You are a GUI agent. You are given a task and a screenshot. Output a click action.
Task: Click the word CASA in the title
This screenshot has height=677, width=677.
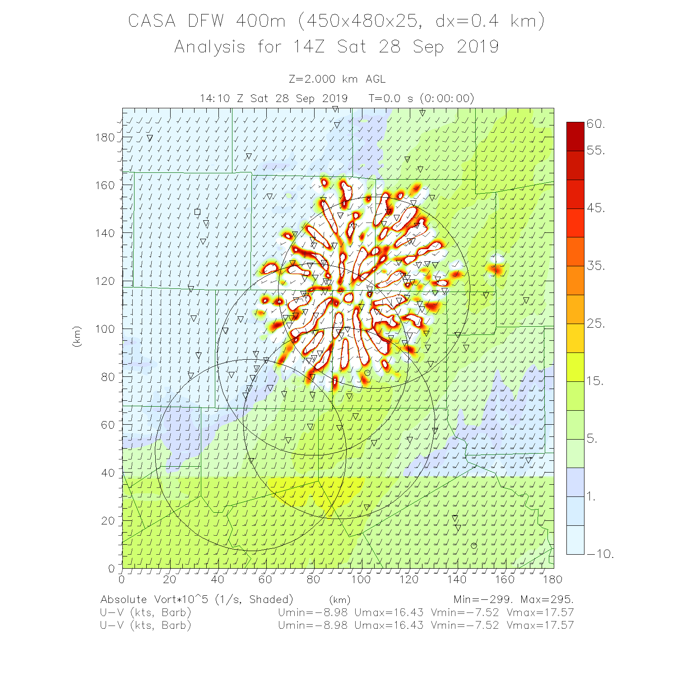tap(152, 21)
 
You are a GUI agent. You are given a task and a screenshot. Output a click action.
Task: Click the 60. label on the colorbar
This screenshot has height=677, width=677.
tap(596, 124)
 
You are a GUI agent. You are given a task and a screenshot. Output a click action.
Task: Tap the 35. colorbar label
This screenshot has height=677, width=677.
tap(596, 266)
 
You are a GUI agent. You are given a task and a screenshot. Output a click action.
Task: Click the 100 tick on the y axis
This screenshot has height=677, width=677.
tap(105, 329)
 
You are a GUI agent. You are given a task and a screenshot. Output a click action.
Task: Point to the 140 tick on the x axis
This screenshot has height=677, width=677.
tap(457, 580)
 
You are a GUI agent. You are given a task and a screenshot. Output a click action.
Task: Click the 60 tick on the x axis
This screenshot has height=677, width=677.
tap(265, 580)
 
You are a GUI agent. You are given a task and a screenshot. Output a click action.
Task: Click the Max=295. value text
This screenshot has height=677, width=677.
tap(547, 600)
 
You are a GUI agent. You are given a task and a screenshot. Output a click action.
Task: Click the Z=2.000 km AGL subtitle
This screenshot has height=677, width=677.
tap(337, 79)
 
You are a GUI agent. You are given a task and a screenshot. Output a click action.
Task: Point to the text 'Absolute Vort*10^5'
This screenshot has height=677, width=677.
tap(155, 600)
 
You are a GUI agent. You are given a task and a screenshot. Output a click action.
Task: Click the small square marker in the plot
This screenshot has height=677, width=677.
tap(197, 212)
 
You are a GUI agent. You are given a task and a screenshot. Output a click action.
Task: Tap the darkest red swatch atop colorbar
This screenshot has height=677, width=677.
tap(575, 136)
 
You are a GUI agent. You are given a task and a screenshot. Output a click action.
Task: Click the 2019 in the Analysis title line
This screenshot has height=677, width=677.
tap(478, 47)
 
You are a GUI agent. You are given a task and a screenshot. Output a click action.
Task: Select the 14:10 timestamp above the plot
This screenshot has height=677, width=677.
tap(214, 99)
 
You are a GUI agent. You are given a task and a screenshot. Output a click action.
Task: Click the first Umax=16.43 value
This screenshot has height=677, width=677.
tap(389, 613)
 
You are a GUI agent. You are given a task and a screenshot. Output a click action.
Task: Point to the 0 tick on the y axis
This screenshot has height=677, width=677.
tap(111, 568)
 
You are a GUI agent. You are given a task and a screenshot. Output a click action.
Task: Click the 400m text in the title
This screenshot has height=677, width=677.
tap(260, 21)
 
